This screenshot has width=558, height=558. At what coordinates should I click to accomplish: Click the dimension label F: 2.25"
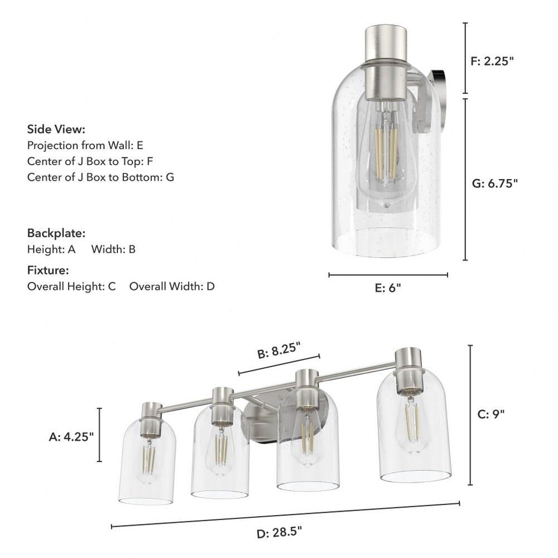click(x=492, y=61)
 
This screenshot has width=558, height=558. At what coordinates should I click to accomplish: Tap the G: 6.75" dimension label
click(x=494, y=183)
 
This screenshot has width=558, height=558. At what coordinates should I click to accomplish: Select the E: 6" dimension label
click(x=388, y=288)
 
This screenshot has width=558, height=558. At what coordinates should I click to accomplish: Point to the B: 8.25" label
click(x=279, y=350)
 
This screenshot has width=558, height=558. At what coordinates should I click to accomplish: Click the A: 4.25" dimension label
click(x=71, y=437)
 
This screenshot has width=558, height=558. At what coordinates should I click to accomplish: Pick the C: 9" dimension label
click(x=490, y=414)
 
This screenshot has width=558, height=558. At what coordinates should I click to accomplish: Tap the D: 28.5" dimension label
click(x=279, y=533)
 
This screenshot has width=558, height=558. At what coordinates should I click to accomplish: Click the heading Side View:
click(x=56, y=129)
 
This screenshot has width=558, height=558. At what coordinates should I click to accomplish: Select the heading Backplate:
click(x=56, y=233)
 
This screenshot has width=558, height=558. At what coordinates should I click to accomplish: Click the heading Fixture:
click(x=48, y=271)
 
